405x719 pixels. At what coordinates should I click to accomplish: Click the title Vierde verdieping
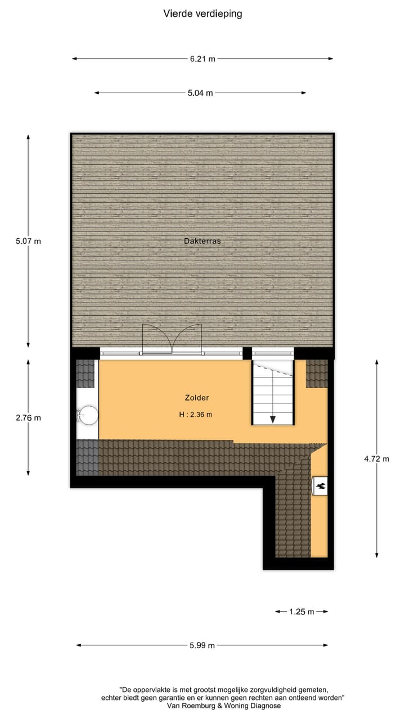tap(202, 13)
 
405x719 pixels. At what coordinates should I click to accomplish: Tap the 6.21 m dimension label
tap(203, 58)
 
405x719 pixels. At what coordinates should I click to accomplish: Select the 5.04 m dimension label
tap(200, 93)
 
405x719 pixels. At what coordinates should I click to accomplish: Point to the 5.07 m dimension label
tap(28, 242)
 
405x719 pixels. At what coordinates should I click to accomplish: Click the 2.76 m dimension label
tap(28, 417)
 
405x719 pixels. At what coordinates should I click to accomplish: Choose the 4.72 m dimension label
tap(377, 458)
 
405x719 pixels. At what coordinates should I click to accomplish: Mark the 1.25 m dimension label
tap(301, 612)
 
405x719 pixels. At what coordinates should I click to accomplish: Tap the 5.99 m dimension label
tap(202, 645)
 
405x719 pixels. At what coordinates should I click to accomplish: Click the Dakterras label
tap(202, 241)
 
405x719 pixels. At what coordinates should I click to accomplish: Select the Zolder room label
tap(197, 398)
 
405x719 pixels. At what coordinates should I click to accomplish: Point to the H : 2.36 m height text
tap(195, 415)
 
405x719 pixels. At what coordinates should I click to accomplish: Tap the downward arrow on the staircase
tap(273, 419)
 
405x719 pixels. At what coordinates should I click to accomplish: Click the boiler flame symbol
tap(319, 486)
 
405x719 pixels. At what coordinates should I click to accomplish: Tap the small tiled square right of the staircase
tap(317, 373)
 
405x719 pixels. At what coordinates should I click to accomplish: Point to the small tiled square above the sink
tap(85, 374)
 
